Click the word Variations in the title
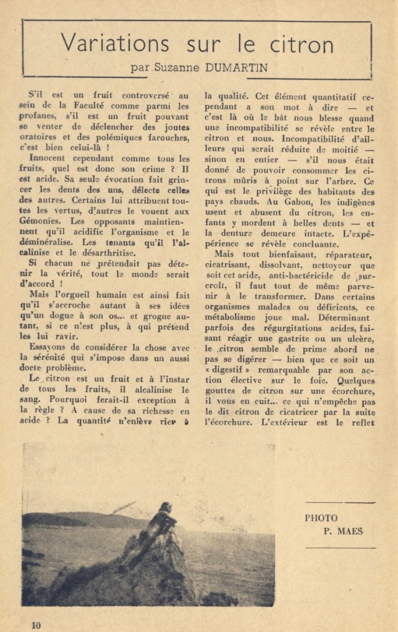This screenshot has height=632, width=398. tap(115, 44)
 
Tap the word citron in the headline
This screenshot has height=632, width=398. tap(303, 44)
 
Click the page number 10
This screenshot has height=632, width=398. tap(35, 625)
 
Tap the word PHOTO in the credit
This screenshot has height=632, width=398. tap(321, 518)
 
